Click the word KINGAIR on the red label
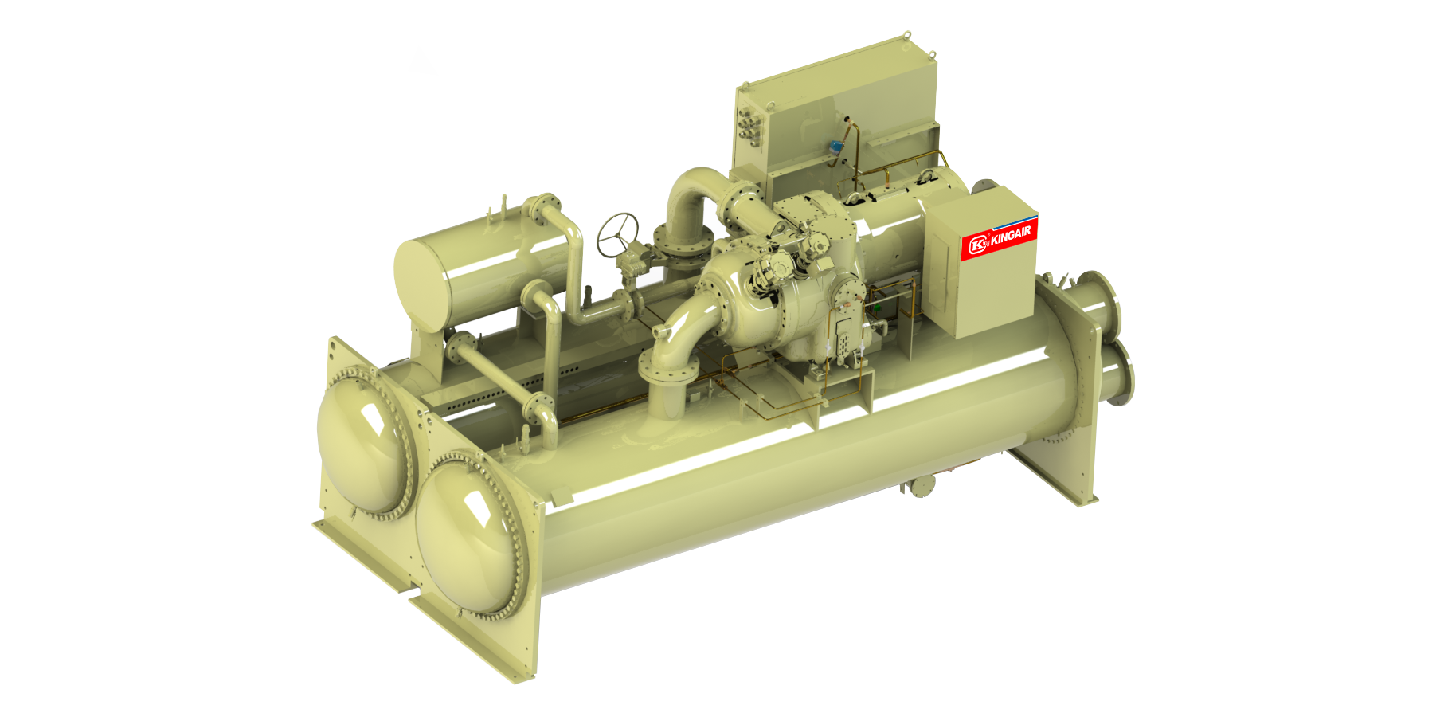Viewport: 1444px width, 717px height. [x=1012, y=235]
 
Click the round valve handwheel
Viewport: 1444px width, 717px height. [x=618, y=235]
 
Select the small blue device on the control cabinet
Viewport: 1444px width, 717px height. [x=835, y=147]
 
